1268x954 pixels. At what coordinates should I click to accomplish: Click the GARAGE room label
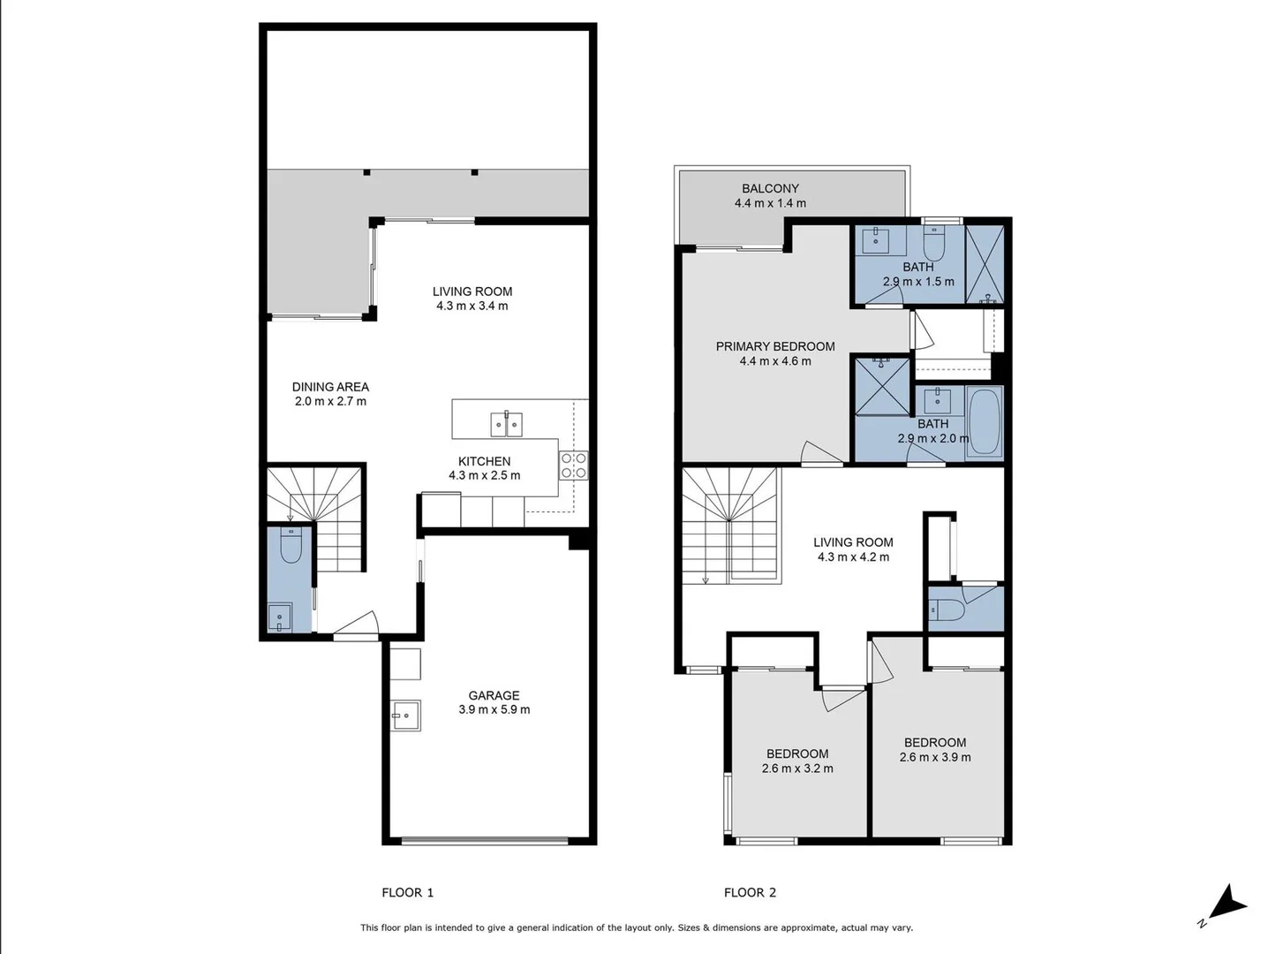[x=494, y=695]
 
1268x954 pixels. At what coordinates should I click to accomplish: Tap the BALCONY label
[x=770, y=188]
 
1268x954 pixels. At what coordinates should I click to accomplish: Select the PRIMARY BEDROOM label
[x=774, y=346]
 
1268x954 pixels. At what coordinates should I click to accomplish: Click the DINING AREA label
[x=330, y=387]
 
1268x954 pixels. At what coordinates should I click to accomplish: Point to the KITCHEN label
[x=484, y=461]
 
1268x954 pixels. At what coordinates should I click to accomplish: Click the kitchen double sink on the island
[x=507, y=425]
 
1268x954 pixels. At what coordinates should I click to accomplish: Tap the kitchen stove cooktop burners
[x=574, y=466]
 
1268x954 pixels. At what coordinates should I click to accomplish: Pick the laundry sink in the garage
[x=407, y=715]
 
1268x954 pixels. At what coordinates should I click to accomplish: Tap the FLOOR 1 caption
[x=407, y=892]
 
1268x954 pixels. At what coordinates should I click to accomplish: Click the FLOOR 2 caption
[x=750, y=892]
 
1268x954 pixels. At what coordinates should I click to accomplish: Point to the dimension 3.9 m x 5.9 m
[x=494, y=709]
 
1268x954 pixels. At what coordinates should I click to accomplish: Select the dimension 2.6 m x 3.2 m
[x=796, y=768]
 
